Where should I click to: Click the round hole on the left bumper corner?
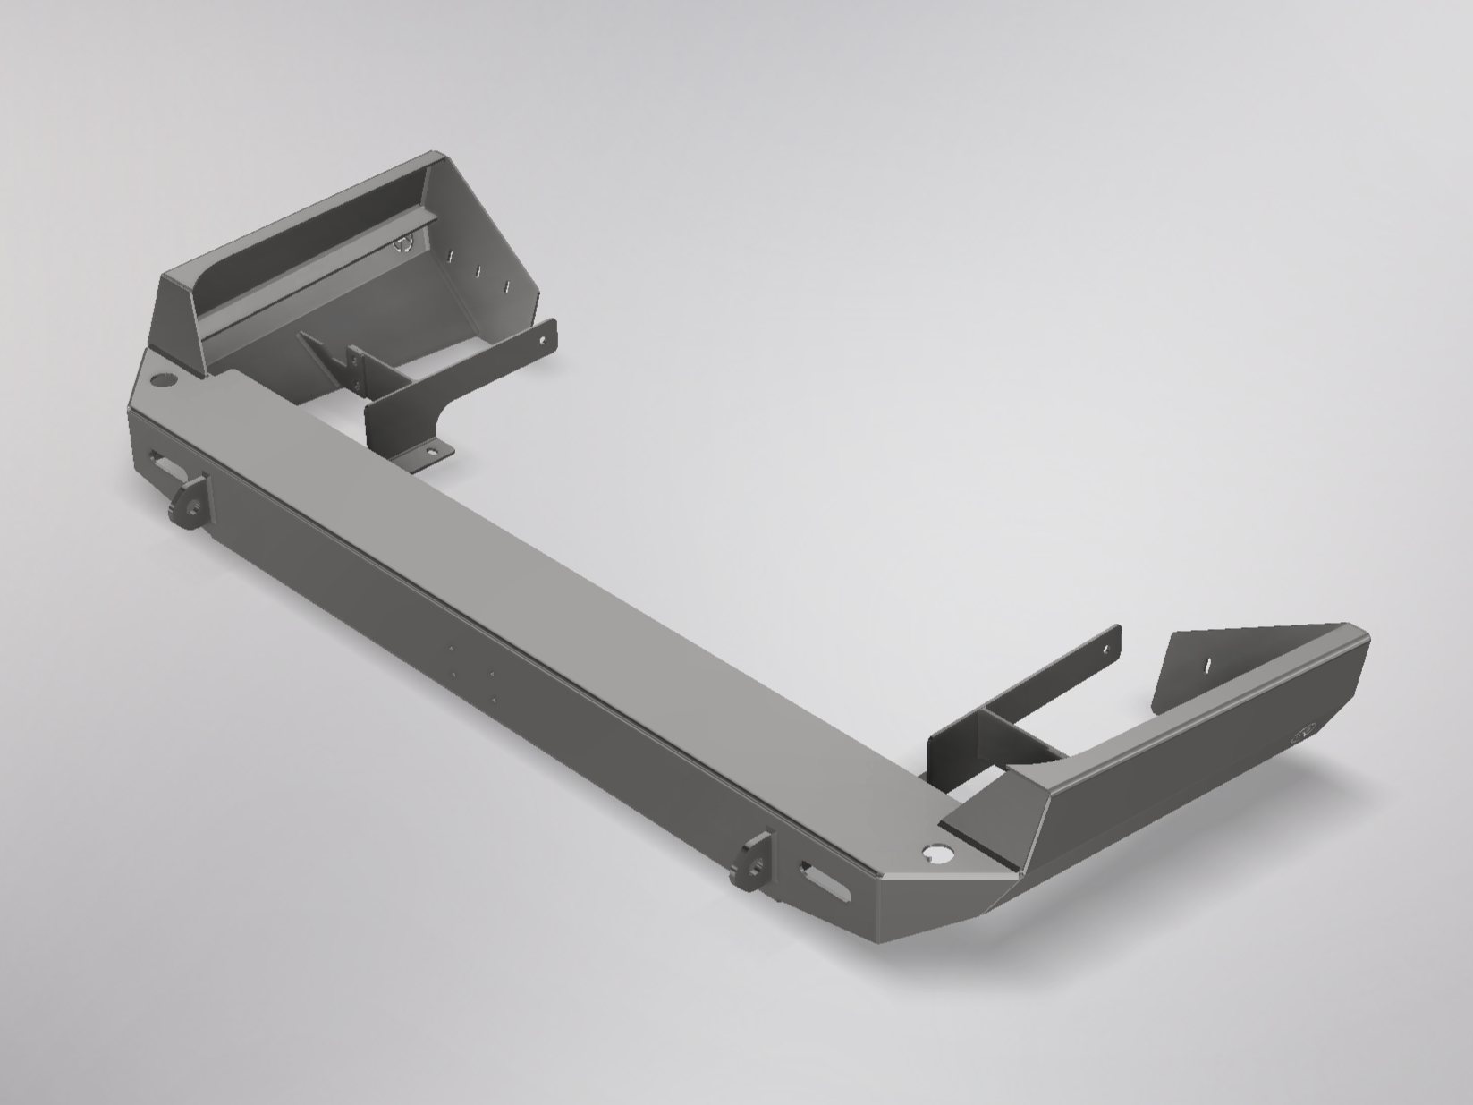pos(163,381)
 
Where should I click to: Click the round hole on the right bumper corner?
pos(939,855)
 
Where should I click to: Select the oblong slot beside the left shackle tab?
pos(163,463)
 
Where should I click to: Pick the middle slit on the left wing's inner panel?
pos(478,271)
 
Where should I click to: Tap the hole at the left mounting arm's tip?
pos(544,339)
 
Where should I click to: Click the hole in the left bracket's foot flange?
pos(433,453)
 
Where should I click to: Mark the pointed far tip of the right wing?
pos(1367,637)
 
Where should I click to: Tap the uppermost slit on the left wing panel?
pos(452,256)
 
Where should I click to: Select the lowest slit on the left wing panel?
pos(506,287)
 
